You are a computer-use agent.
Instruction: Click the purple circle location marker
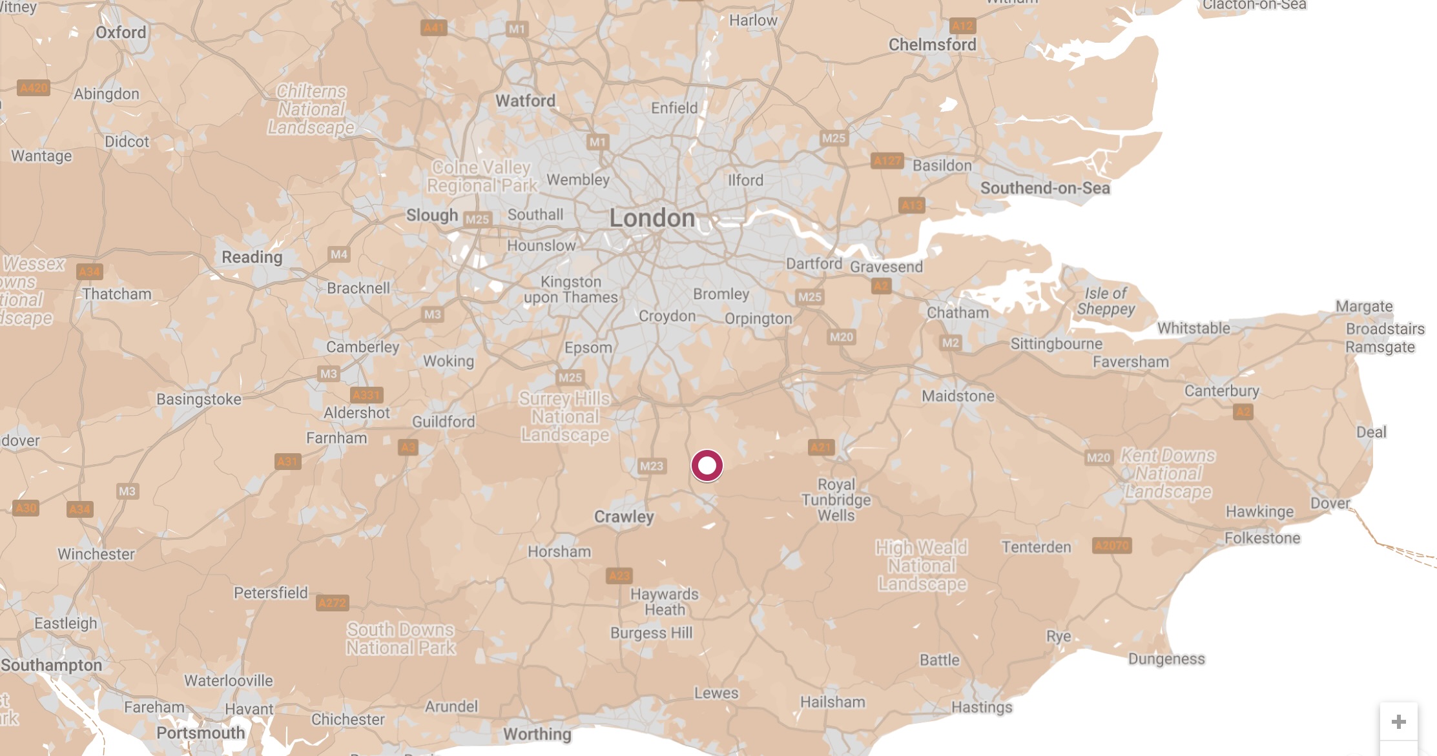(707, 465)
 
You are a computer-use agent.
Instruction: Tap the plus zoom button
(1398, 722)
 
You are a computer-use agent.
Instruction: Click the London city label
(652, 218)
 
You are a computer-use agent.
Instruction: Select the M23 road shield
(651, 466)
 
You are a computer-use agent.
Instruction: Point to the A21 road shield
(821, 447)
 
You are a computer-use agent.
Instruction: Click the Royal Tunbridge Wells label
(836, 500)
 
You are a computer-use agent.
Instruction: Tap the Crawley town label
(624, 516)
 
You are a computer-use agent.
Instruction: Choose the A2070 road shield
(1111, 546)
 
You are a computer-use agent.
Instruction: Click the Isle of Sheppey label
(1106, 301)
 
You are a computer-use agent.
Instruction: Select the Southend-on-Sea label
(1045, 188)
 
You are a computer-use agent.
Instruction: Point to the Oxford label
(121, 32)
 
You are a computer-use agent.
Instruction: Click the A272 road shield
(333, 603)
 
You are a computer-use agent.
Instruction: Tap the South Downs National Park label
(400, 639)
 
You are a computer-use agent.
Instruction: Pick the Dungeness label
(1166, 659)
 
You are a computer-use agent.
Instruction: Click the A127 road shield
(887, 161)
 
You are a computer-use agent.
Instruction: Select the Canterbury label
(1221, 391)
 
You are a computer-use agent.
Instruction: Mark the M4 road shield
(339, 254)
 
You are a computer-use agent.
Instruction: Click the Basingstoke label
(199, 399)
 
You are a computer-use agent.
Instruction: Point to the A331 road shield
(366, 395)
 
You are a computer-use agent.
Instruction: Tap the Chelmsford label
(932, 45)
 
